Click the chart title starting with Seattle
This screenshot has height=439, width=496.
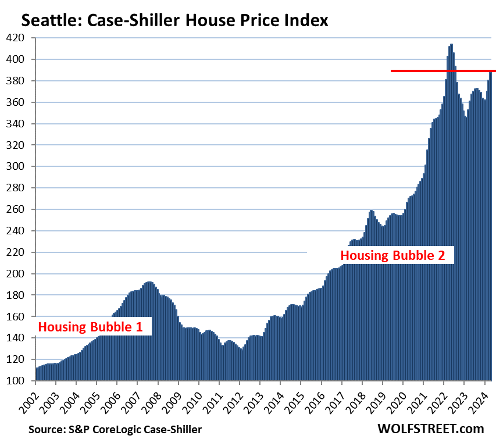pos(174,21)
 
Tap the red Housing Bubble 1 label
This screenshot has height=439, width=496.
pos(90,327)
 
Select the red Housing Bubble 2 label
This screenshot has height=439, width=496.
pos(396,255)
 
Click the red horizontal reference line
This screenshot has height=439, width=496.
pos(442,71)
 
